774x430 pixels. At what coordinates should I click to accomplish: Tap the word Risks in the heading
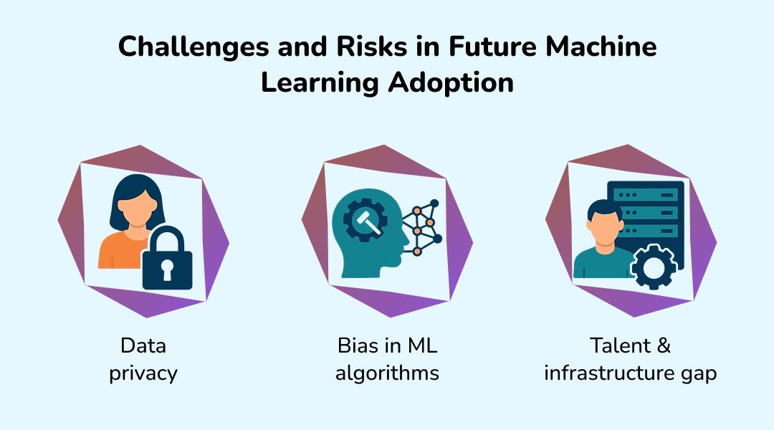pos(362,47)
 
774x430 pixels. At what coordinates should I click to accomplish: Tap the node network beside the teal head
pos(423,225)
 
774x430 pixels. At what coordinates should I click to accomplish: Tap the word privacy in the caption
pos(143,373)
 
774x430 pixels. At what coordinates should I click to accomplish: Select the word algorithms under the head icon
pos(387,373)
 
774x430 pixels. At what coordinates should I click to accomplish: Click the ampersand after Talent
pos(663,346)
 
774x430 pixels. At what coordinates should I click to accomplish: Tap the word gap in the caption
pos(698,375)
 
